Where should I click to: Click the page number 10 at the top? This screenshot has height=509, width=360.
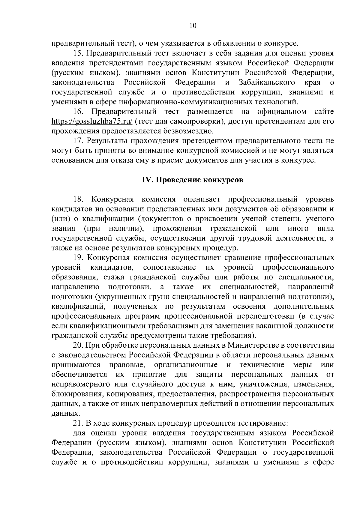193,26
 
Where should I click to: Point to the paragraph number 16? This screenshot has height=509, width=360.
78,112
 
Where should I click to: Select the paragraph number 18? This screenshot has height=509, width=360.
78,199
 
